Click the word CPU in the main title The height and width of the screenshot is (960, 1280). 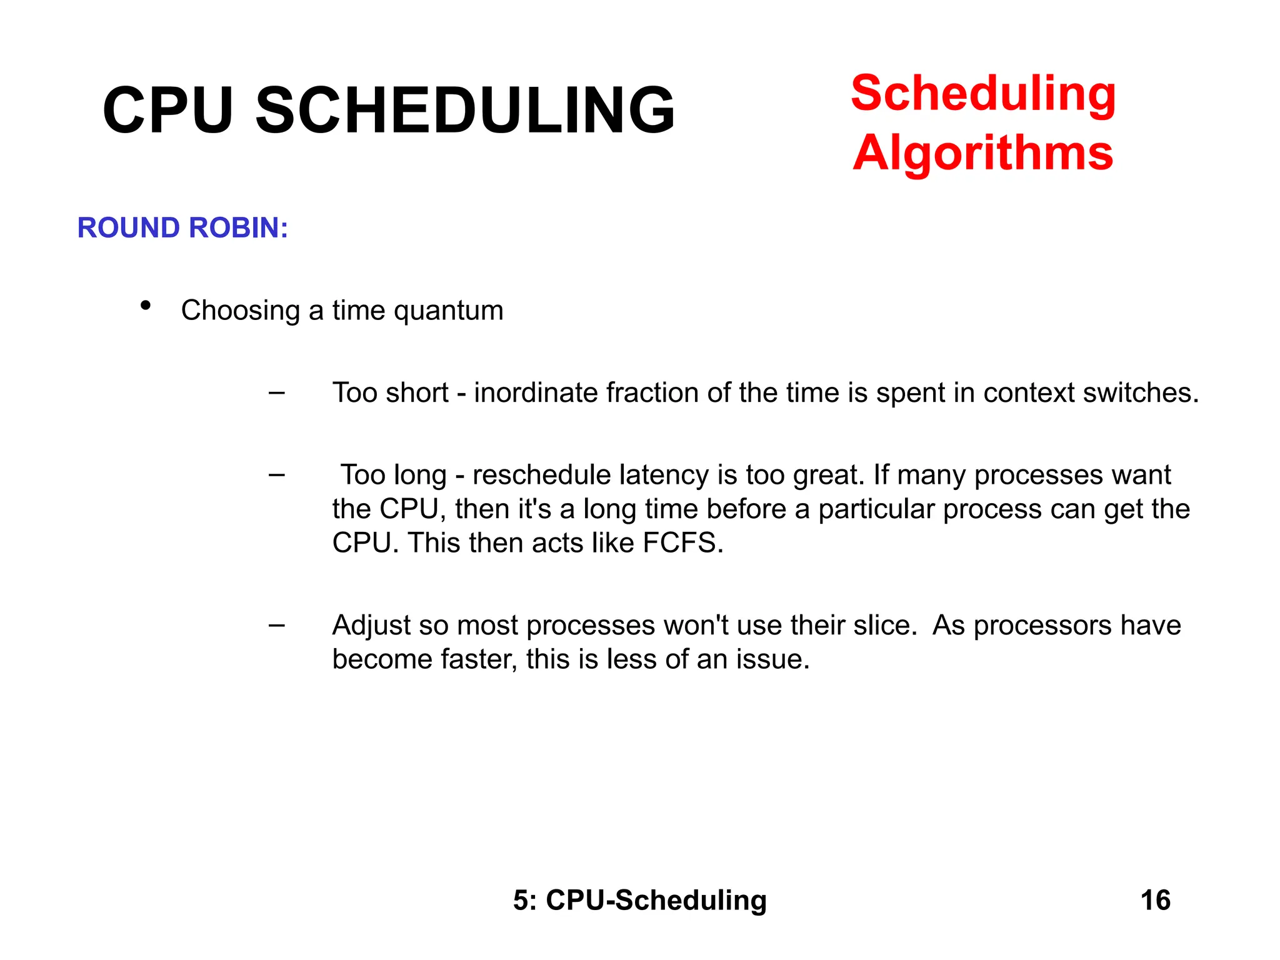click(167, 111)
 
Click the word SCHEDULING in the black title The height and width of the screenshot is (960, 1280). click(465, 111)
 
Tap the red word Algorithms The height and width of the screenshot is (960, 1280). click(982, 153)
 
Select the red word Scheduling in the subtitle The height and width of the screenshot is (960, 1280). click(983, 94)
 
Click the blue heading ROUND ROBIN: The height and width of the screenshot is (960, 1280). click(182, 227)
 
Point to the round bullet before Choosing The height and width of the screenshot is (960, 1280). click(146, 306)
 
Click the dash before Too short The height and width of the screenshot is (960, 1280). click(276, 393)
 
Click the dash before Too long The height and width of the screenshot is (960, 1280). click(276, 475)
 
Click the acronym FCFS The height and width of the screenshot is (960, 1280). click(682, 543)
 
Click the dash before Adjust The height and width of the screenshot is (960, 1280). click(276, 625)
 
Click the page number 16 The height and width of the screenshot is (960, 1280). click(1155, 901)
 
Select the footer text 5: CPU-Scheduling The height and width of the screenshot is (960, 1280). click(640, 901)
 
